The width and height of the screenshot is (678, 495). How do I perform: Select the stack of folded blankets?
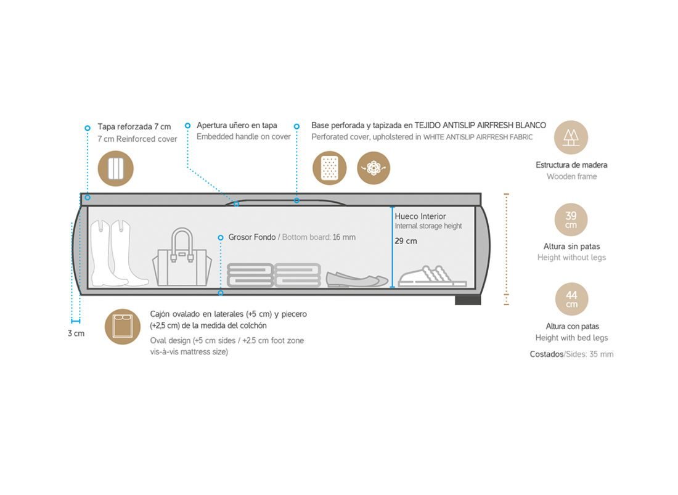274,275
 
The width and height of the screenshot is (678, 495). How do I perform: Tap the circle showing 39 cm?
571,220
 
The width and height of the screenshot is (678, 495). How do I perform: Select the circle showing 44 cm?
571,299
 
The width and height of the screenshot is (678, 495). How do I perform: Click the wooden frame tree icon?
571,137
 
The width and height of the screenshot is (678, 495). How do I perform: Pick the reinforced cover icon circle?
116,168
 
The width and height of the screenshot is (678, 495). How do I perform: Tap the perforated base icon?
330,168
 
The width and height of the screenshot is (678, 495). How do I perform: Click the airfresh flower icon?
374,168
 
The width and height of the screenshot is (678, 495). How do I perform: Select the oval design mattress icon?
123,326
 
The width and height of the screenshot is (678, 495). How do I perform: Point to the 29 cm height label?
406,241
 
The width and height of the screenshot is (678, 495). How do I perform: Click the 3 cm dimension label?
76,333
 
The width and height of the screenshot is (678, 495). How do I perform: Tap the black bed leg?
468,300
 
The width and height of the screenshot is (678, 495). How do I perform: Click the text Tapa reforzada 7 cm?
134,126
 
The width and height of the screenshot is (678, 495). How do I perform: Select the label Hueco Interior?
420,216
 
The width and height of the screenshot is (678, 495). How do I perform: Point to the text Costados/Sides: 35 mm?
571,354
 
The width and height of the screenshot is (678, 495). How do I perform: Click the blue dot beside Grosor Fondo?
220,237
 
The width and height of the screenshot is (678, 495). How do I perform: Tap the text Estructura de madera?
571,165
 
